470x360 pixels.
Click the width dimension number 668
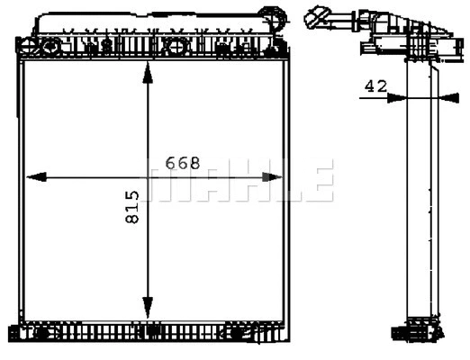pos(182,163)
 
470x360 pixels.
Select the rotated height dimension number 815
pos(132,207)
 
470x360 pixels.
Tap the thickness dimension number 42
pos(375,86)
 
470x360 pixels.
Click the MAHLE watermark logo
pos(240,180)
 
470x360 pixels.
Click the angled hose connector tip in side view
pos(314,15)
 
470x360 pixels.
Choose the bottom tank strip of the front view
pos(153,332)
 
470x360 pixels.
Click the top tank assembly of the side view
pos(396,31)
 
